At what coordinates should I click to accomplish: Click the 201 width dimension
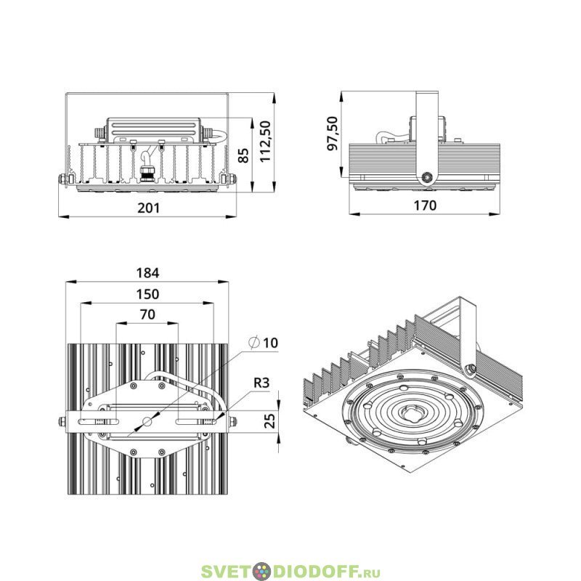tap(149, 208)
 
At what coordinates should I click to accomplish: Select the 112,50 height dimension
tap(266, 141)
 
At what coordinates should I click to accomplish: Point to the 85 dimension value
tap(243, 155)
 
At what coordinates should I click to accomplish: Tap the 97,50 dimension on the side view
tap(333, 133)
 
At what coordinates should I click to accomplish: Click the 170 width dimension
tap(425, 205)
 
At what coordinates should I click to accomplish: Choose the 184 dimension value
tap(147, 273)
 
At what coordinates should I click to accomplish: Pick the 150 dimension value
tap(147, 294)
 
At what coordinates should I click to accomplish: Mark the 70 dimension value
tap(147, 314)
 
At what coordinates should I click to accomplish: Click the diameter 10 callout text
tap(264, 343)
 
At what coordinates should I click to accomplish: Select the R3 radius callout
tap(261, 383)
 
